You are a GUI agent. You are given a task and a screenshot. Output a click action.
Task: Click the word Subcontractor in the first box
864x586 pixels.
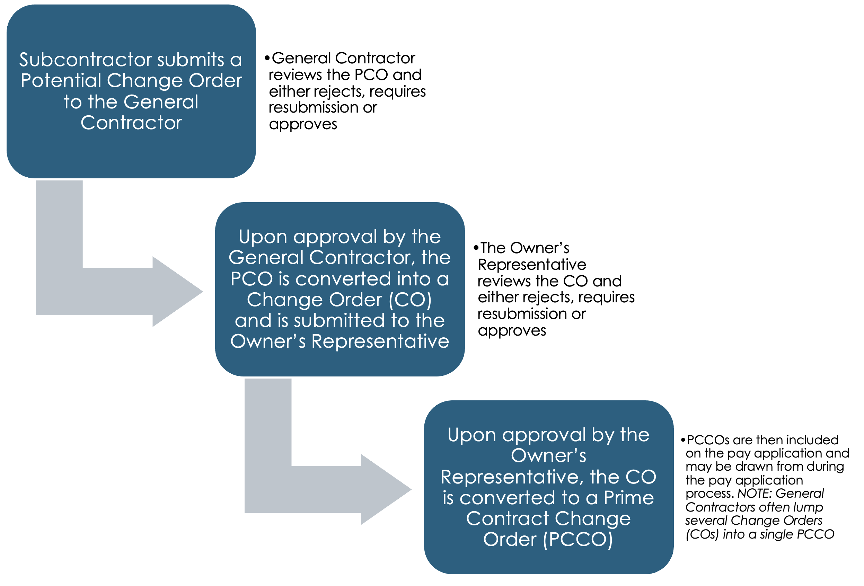point(85,60)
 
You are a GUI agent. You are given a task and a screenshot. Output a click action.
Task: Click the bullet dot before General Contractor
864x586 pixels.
point(267,58)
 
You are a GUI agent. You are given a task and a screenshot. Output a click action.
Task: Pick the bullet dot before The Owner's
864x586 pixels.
point(476,248)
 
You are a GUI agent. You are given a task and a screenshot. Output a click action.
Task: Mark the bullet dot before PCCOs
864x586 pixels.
point(682,440)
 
